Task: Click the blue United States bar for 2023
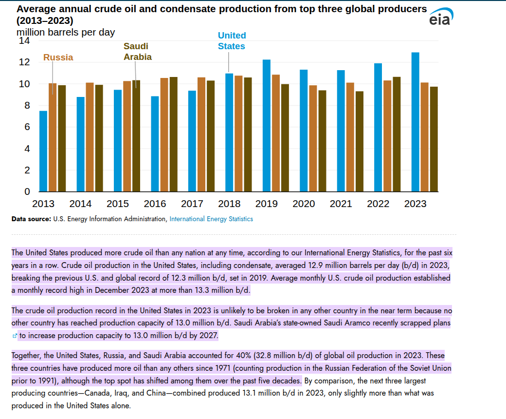(x=416, y=122)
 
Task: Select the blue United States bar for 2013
(x=43, y=151)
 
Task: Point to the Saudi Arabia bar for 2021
(x=360, y=141)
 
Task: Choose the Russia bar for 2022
(x=387, y=136)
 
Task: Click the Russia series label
(x=58, y=57)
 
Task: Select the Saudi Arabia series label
(x=137, y=52)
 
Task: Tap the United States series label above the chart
(x=232, y=41)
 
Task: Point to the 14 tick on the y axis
(x=24, y=41)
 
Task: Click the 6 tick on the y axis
(x=27, y=127)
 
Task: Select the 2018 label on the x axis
(x=229, y=204)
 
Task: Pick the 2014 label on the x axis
(x=80, y=204)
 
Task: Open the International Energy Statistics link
(x=211, y=219)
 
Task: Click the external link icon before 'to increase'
(x=15, y=336)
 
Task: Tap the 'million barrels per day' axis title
(x=66, y=32)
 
